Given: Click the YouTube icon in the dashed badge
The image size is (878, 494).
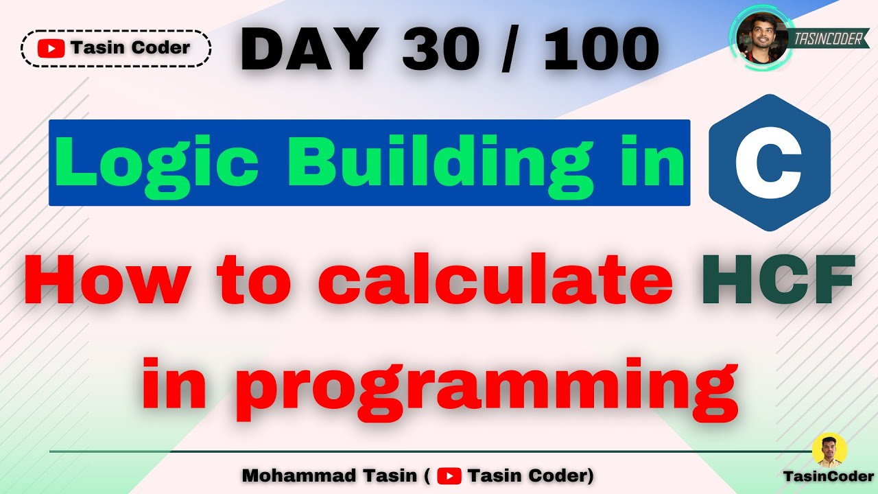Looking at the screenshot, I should click(51, 48).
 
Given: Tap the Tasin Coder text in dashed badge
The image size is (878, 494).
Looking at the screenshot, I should click(130, 48).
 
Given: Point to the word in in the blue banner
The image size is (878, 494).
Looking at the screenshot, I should click(652, 163).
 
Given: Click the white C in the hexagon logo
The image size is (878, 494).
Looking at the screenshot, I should click(769, 162).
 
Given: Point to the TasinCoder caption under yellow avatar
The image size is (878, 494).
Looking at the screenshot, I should click(829, 476).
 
